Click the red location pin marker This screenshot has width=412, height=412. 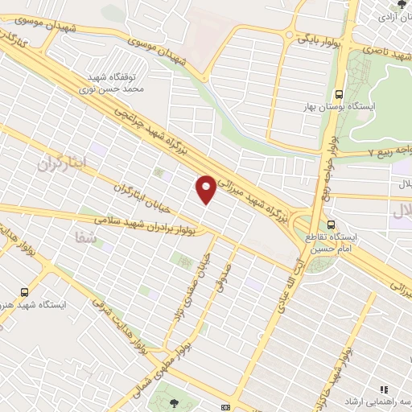pos(206,188)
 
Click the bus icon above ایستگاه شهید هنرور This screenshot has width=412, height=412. pos(25,293)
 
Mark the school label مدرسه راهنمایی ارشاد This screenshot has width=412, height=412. pos(381,402)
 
